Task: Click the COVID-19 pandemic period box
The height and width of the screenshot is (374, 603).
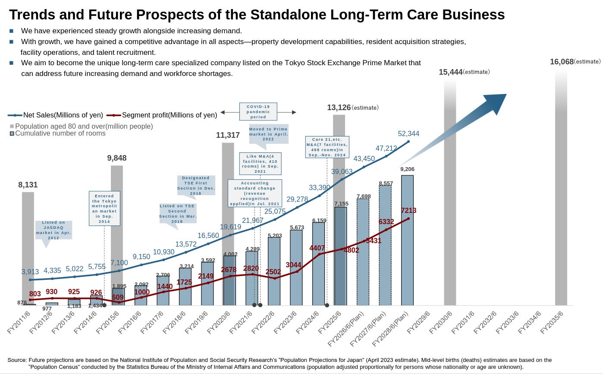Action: point(258,111)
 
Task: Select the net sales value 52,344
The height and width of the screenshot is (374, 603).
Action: point(408,134)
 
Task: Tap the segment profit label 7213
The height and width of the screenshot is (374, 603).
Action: point(408,211)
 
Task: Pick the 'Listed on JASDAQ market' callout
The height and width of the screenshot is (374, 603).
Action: point(53,230)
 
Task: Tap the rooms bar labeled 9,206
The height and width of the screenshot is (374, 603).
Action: point(407,240)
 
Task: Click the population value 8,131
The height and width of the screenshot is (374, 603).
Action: point(28,185)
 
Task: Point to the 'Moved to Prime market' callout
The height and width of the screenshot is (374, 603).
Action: point(268,134)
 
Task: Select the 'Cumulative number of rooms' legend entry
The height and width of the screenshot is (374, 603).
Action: point(60,133)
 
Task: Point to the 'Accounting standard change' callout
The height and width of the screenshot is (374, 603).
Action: point(255,193)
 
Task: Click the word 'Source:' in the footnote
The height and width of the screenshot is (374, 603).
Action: point(17,360)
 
